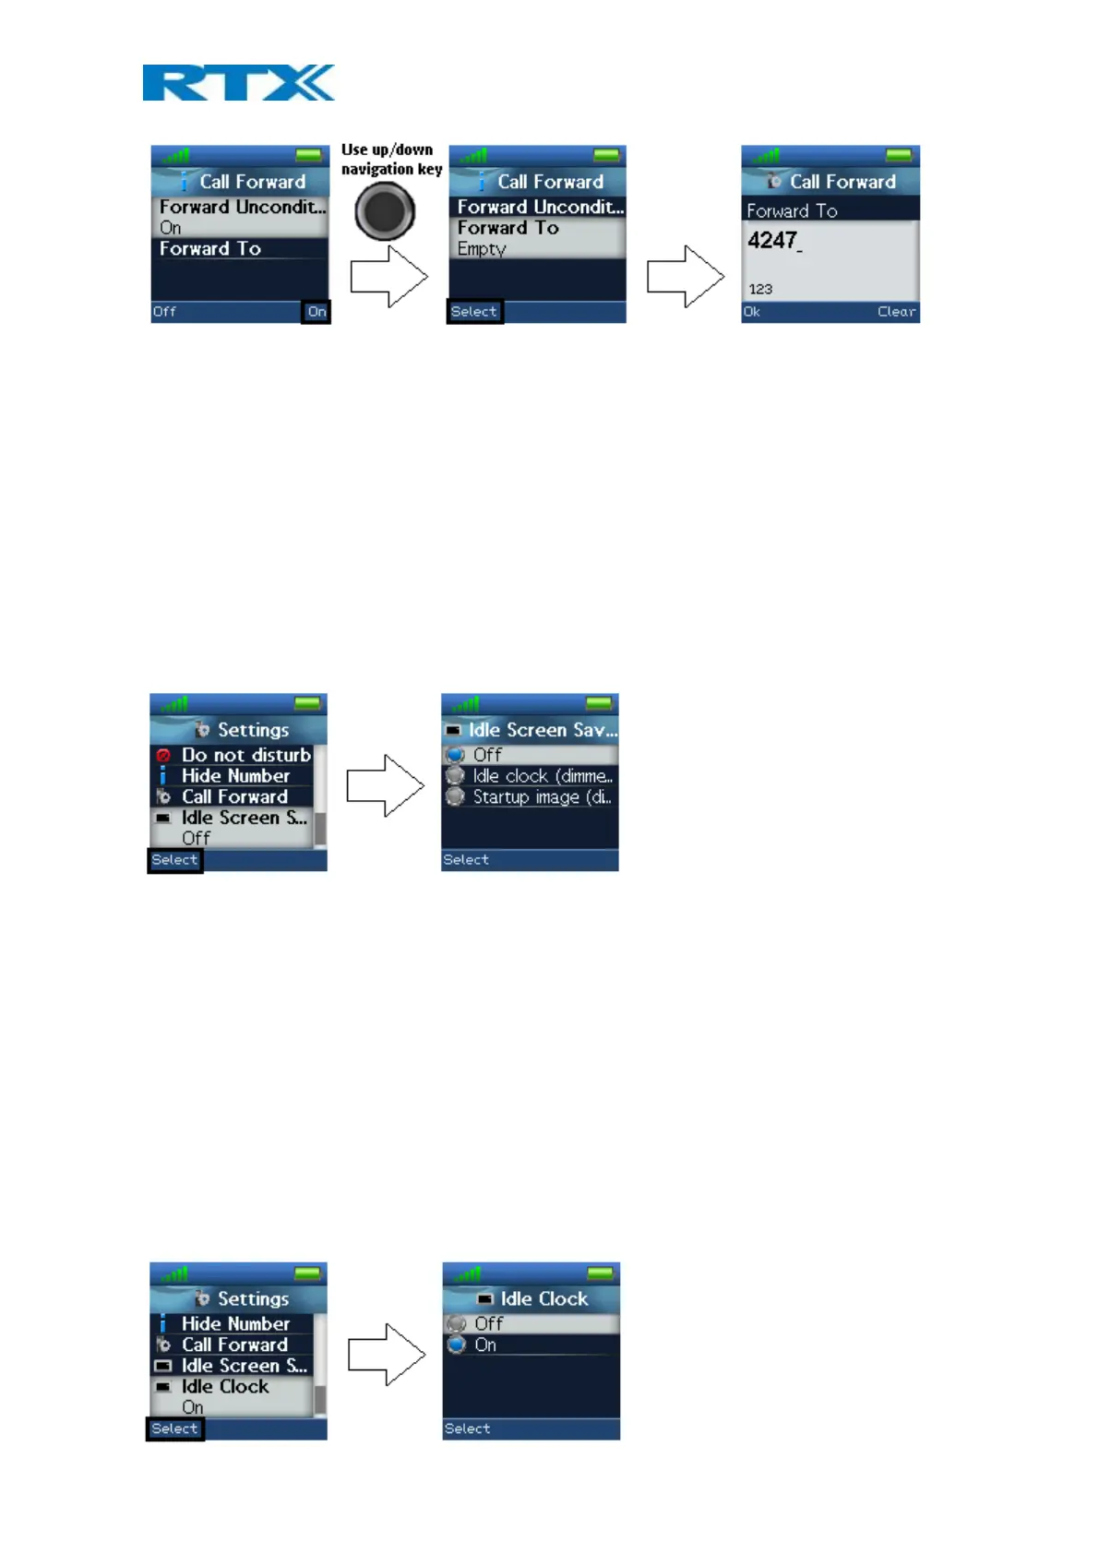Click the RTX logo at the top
coord(238,82)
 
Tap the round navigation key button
coord(385,211)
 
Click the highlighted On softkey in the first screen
coord(317,312)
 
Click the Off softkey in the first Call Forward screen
coord(164,312)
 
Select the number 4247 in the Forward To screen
coord(773,241)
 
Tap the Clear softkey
coord(896,312)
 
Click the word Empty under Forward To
coord(482,249)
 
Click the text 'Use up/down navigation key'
coord(391,159)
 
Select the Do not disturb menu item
coord(245,755)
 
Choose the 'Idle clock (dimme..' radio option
coord(542,776)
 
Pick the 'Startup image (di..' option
coord(542,797)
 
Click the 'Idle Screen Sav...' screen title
coord(542,730)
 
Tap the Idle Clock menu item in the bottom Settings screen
coord(225,1387)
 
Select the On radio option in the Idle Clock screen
coord(485,1345)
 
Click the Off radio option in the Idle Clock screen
coord(488,1324)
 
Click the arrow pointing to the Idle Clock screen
coord(387,1355)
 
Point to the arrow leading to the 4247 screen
coord(685,276)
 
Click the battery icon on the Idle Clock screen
coord(600,1273)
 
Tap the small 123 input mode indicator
coord(760,289)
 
